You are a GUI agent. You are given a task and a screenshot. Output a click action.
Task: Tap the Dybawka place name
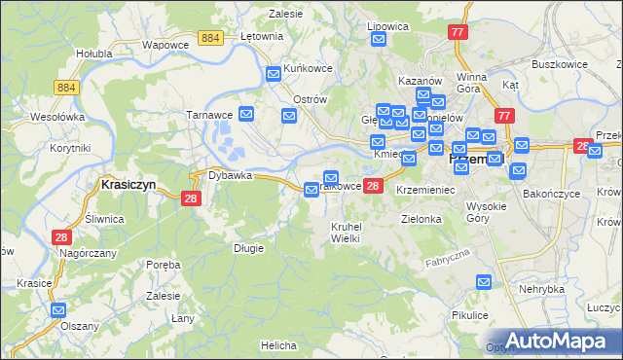pos(229,176)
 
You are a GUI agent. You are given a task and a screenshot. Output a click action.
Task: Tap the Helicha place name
pos(278,345)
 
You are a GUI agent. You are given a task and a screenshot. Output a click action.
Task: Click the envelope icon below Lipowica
pos(379,39)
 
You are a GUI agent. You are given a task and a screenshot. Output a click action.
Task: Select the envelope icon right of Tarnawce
pos(247,114)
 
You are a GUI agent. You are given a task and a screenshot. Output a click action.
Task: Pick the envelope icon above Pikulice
pos(484,282)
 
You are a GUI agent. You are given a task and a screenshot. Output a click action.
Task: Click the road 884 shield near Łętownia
pos(209,37)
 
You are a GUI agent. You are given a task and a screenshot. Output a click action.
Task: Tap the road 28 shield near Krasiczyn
pos(191,198)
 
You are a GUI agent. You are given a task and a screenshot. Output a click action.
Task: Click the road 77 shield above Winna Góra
pos(458,32)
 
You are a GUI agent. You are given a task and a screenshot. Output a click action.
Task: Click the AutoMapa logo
pos(565,341)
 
